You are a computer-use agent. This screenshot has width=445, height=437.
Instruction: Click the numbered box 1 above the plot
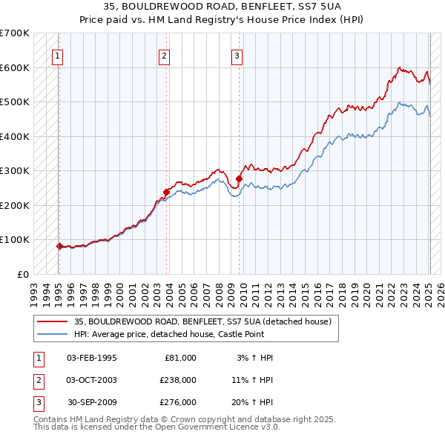coord(57,54)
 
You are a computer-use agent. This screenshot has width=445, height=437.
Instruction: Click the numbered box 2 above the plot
coord(164,54)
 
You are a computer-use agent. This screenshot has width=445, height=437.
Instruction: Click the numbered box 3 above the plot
coord(237,54)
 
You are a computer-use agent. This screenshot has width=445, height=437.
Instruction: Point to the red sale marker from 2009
coord(239,179)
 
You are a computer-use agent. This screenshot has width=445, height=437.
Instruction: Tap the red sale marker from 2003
coord(166,192)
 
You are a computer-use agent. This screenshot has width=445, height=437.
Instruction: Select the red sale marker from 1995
coord(59,246)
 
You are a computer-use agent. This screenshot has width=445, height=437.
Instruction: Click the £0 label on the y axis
coord(22,274)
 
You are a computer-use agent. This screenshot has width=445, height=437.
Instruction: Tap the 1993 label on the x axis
coord(34,289)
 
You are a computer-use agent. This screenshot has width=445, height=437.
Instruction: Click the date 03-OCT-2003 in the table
coord(92,380)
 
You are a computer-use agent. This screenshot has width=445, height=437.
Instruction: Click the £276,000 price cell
coord(178,402)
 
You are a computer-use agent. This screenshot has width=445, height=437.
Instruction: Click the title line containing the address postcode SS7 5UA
coord(222,8)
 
